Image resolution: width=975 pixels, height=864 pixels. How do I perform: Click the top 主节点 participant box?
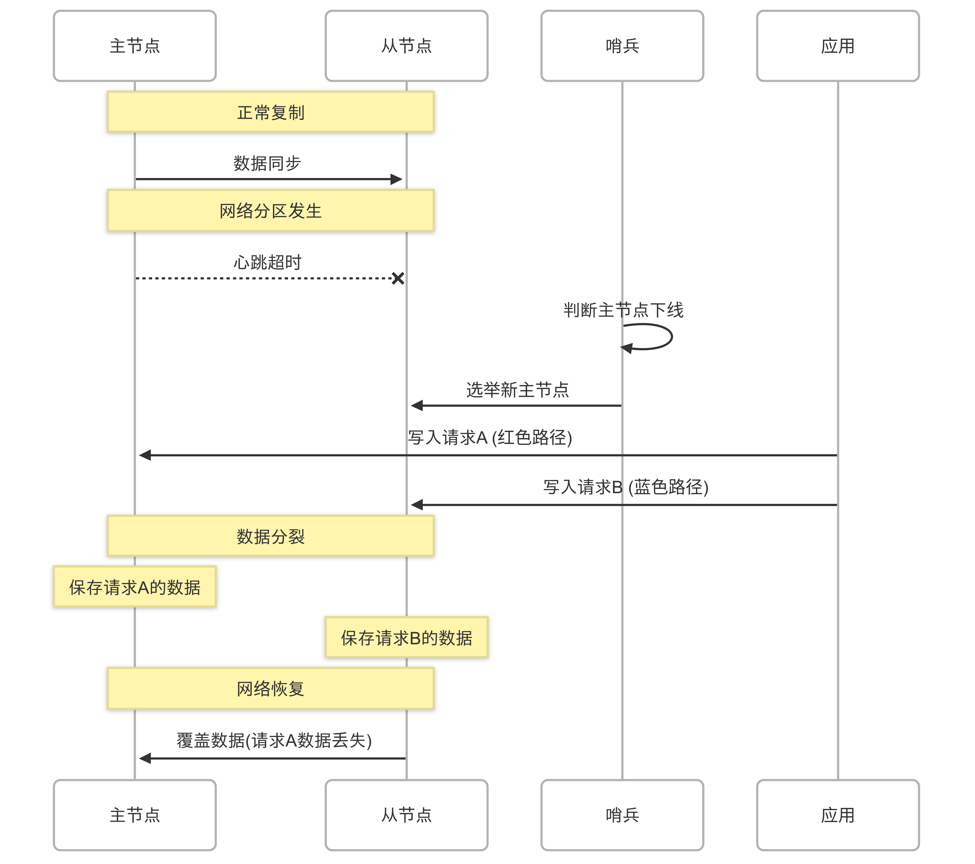pyautogui.click(x=135, y=46)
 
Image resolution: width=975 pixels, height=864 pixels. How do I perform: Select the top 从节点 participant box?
pyautogui.click(x=407, y=46)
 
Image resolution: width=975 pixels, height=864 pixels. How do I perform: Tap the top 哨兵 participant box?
pyautogui.click(x=622, y=46)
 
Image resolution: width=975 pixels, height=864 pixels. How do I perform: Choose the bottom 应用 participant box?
pyautogui.click(x=838, y=815)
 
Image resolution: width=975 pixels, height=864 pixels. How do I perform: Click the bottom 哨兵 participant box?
pyautogui.click(x=622, y=815)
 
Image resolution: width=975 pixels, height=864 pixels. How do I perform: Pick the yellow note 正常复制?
pyautogui.click(x=270, y=112)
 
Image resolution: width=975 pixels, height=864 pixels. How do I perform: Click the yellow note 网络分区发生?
pyautogui.click(x=270, y=210)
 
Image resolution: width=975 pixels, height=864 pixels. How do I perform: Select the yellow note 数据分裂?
pyautogui.click(x=270, y=536)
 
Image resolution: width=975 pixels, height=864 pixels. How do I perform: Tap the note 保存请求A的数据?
pyautogui.click(x=135, y=587)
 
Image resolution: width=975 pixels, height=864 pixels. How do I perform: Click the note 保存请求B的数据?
pyautogui.click(x=407, y=637)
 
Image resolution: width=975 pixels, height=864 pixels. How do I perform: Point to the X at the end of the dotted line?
pyautogui.click(x=398, y=278)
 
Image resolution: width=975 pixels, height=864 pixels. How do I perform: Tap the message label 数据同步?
pyautogui.click(x=267, y=163)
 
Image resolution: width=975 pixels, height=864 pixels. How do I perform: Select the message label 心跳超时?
pyautogui.click(x=267, y=262)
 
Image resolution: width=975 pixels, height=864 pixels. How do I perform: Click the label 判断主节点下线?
pyautogui.click(x=623, y=310)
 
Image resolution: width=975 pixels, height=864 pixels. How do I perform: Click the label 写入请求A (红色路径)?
pyautogui.click(x=490, y=437)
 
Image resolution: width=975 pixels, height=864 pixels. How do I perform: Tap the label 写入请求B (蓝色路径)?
pyautogui.click(x=625, y=487)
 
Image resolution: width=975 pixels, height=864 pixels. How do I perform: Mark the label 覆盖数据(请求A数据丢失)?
pyautogui.click(x=274, y=740)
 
